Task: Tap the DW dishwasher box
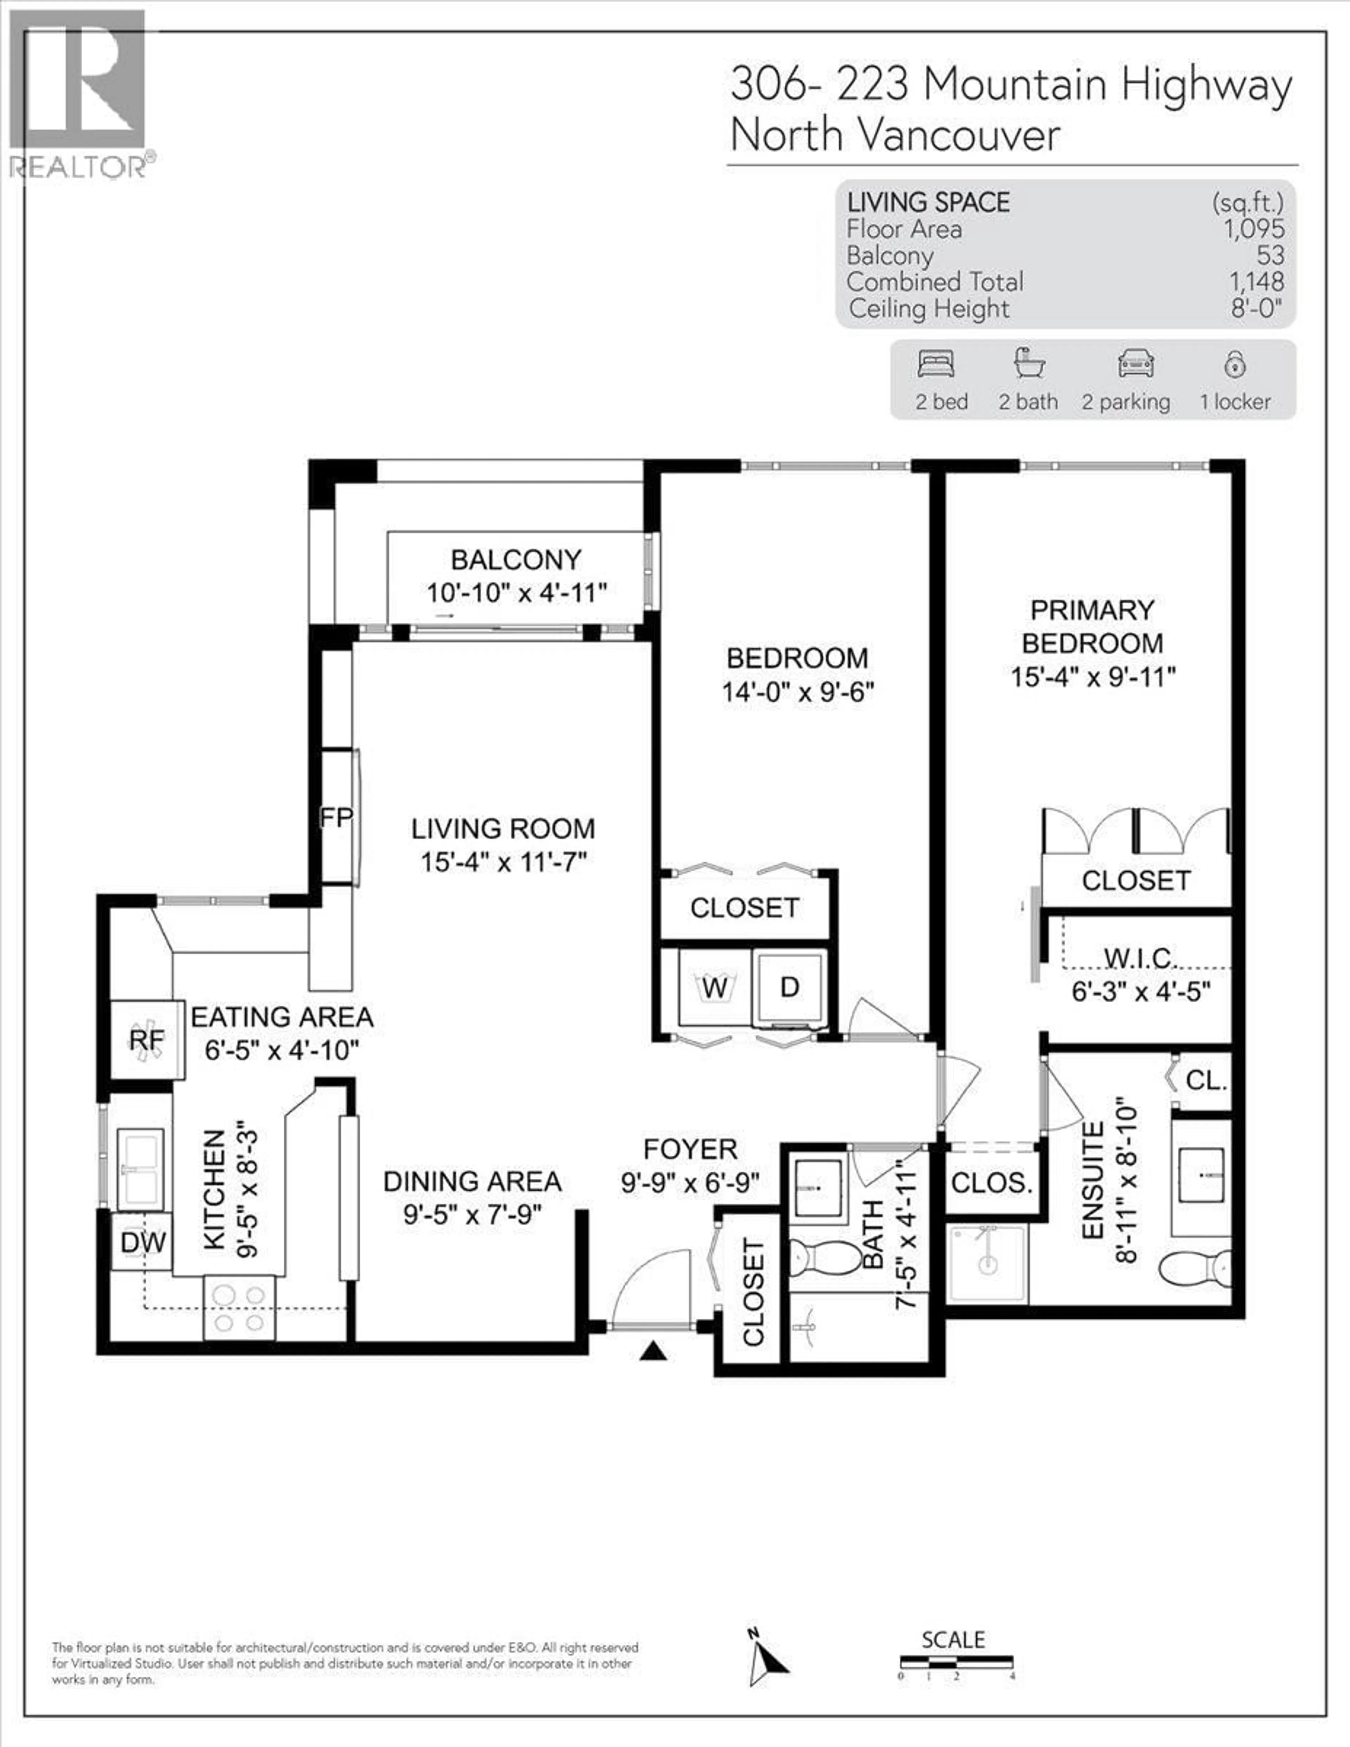point(142,1242)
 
